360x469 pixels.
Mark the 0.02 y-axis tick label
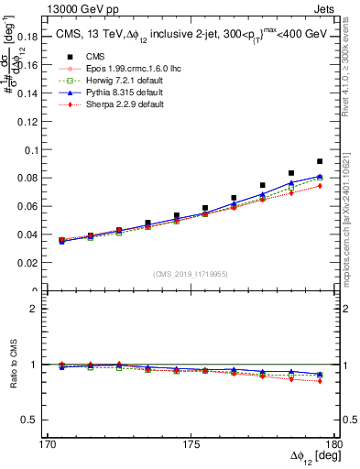point(26,263)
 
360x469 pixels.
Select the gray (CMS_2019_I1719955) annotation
point(191,274)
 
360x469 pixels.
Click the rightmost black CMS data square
point(320,161)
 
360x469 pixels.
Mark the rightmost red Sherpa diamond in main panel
point(320,186)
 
